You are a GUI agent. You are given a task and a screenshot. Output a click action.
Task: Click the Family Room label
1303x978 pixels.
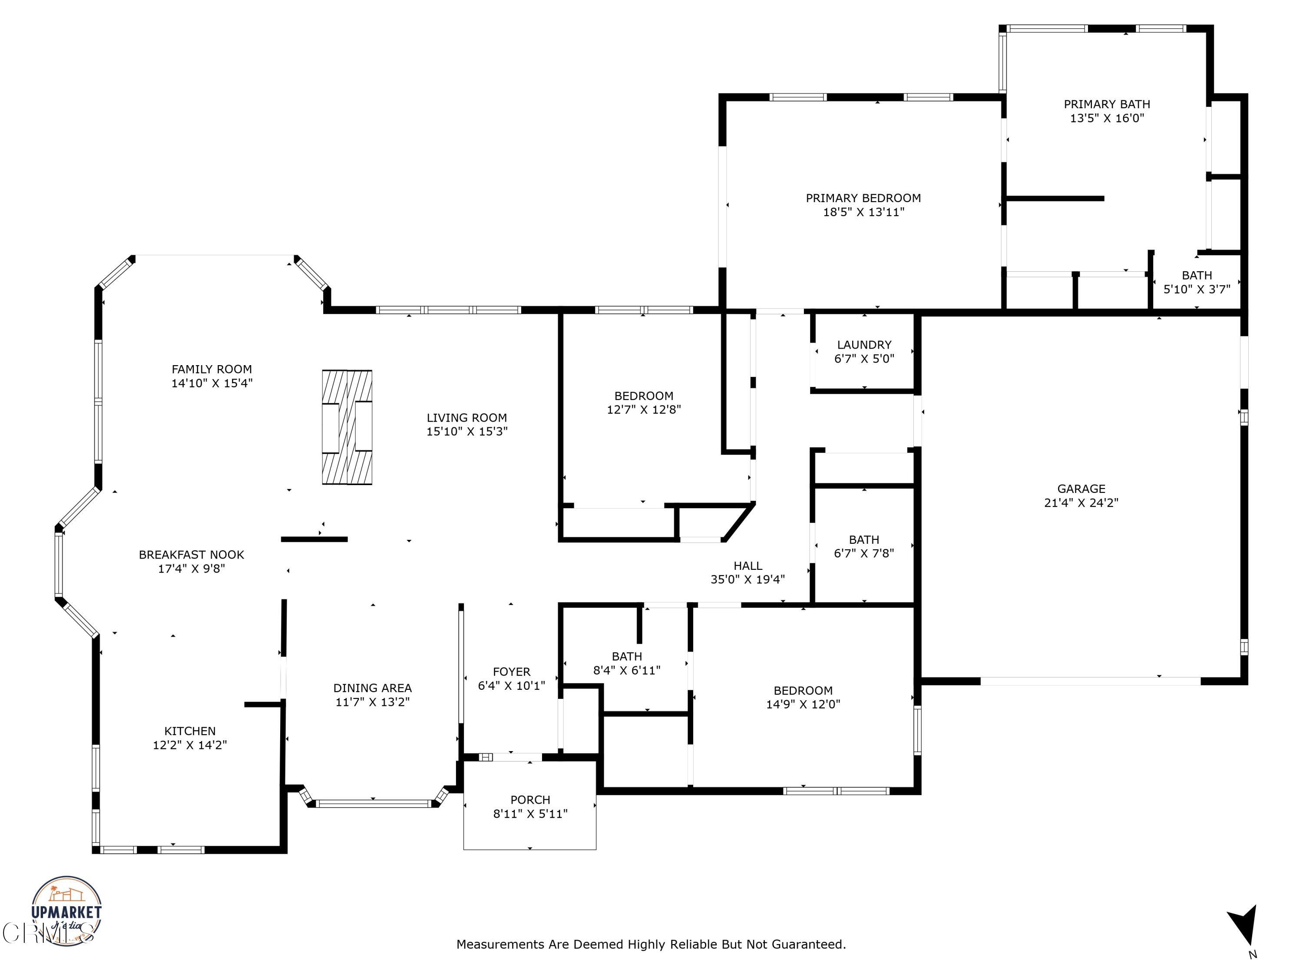tap(212, 369)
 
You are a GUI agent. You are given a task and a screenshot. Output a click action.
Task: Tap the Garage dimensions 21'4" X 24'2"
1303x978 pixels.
tap(1081, 503)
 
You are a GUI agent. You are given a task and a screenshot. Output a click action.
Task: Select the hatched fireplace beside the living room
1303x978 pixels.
tap(347, 427)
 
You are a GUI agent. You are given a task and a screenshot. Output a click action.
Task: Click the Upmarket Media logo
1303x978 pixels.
tap(66, 911)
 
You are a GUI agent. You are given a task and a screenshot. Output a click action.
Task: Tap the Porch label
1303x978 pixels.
tap(530, 800)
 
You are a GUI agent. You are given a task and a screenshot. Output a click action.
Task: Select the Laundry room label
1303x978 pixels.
tap(864, 345)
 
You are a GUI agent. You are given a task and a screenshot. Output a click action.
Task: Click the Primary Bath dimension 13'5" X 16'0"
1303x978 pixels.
tap(1107, 118)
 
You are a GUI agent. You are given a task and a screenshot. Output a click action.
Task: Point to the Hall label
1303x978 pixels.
tap(747, 566)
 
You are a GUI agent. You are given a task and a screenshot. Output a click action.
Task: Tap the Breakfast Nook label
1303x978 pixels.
tap(192, 555)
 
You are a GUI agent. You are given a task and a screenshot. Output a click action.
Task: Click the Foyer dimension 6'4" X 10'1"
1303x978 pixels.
tap(511, 685)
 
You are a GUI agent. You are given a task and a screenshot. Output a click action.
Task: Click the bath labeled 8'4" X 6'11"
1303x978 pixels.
tap(627, 663)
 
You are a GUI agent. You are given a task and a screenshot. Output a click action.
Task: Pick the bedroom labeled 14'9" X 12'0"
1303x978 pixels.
tap(803, 697)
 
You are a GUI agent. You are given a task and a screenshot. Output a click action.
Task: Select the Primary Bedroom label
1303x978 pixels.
tap(863, 198)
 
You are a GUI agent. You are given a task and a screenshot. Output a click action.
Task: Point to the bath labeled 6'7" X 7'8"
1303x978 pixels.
tap(863, 546)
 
